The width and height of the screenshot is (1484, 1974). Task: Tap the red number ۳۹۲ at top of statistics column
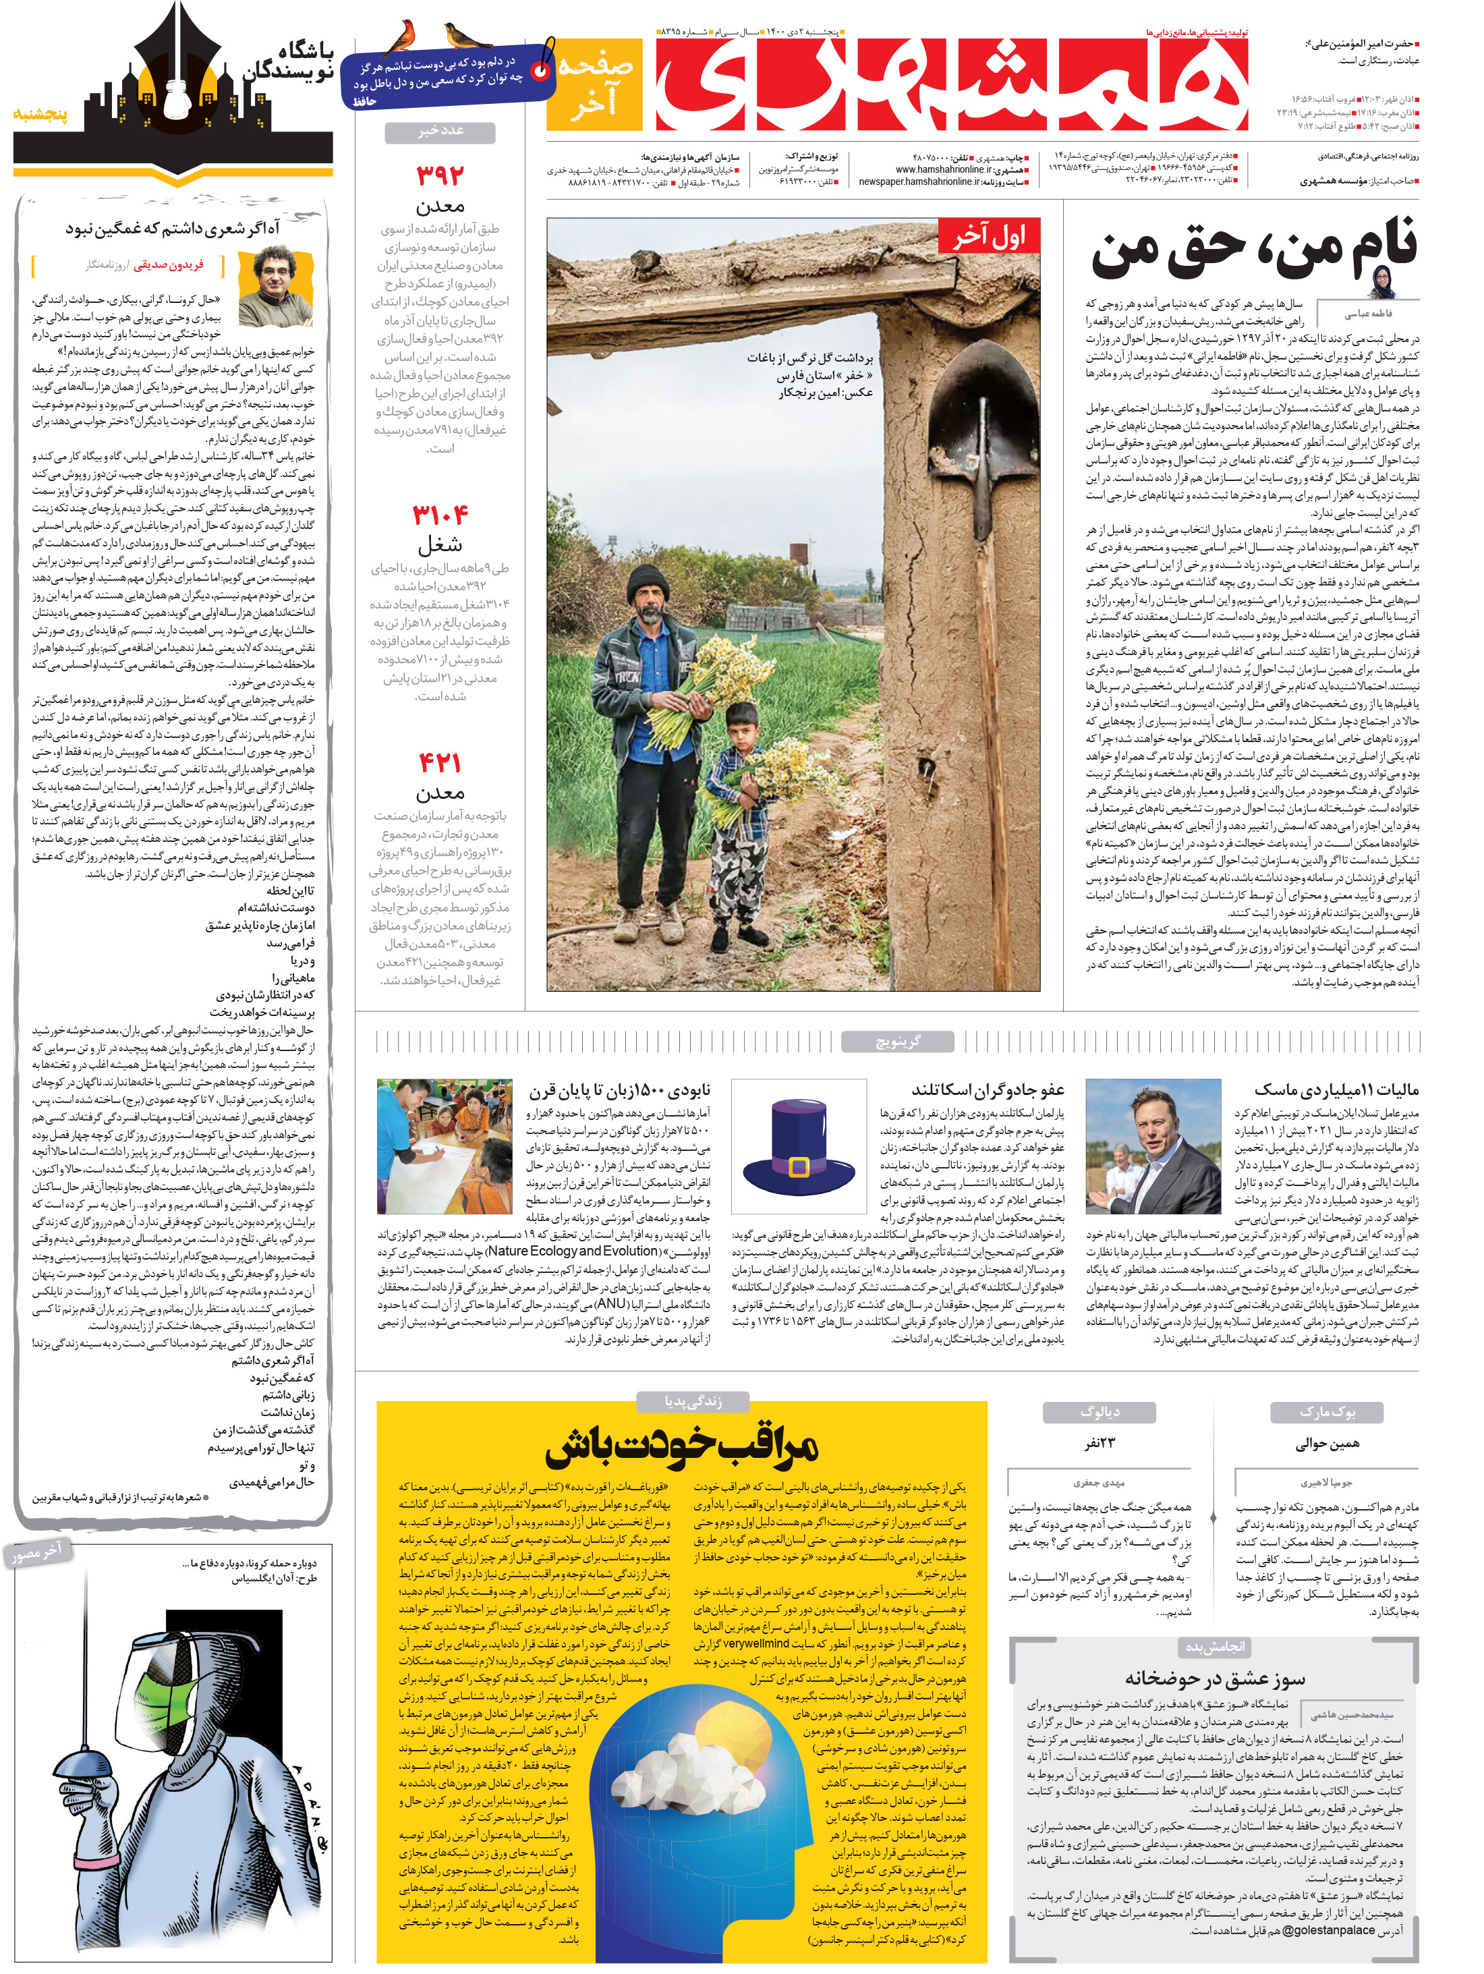pyautogui.click(x=440, y=175)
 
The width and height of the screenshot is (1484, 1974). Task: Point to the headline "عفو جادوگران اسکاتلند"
pyautogui.click(x=987, y=1090)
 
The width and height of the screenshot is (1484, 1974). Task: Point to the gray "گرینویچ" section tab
pyautogui.click(x=897, y=1040)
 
